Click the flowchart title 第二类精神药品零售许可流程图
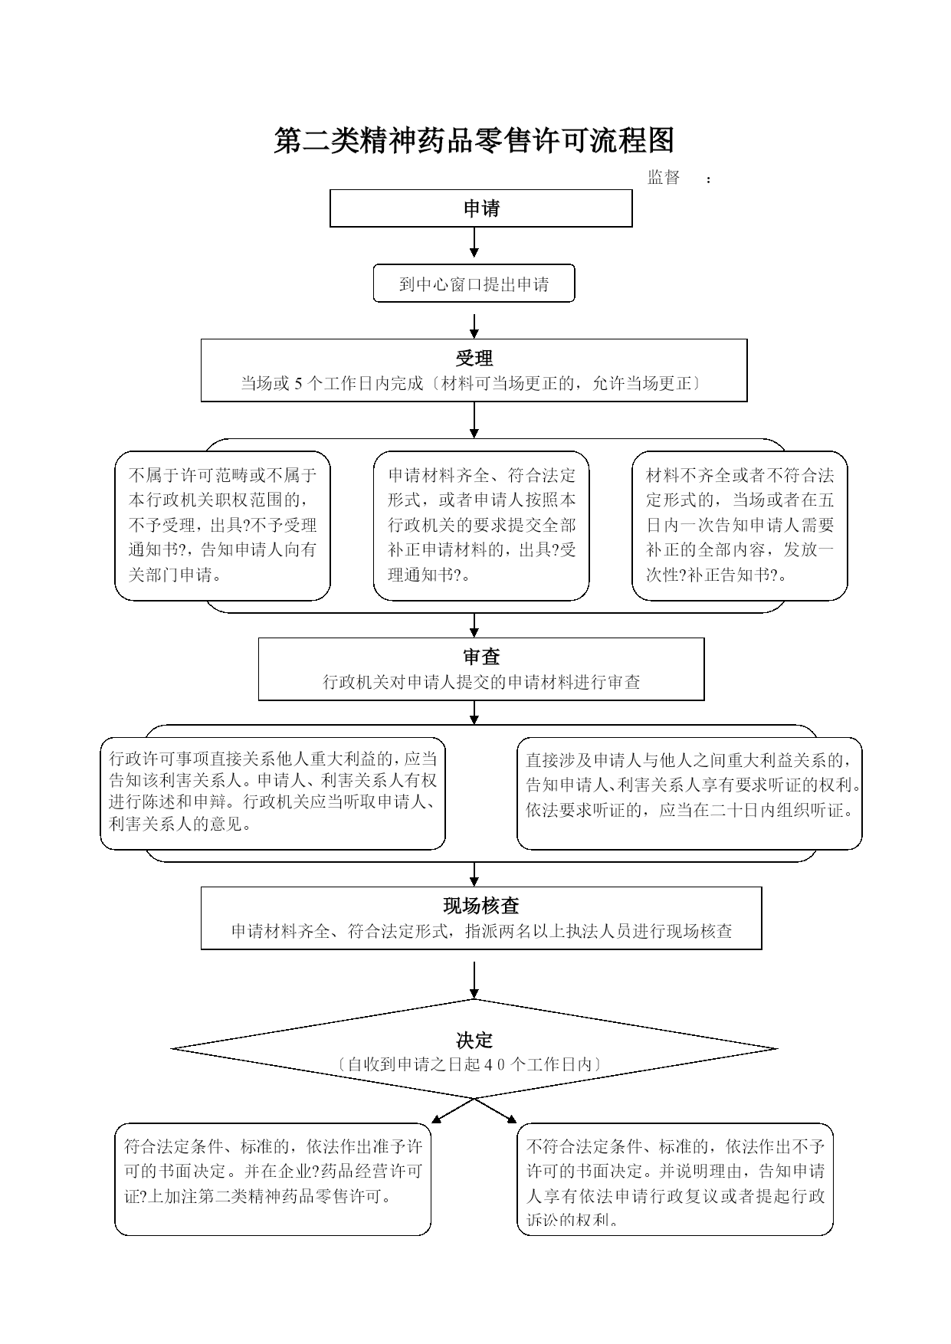click(474, 140)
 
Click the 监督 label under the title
click(664, 177)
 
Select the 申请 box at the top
click(481, 208)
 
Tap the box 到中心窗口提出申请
click(474, 284)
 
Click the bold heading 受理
click(474, 358)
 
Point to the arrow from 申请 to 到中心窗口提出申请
click(474, 242)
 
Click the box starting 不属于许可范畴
click(222, 526)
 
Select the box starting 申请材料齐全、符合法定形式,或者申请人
click(481, 526)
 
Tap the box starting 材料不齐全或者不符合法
click(739, 526)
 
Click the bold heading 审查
click(481, 657)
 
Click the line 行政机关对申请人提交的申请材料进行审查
click(481, 682)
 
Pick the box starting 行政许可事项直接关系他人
click(273, 793)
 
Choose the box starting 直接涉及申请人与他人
click(690, 793)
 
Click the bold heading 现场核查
click(481, 906)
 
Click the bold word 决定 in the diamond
click(474, 1040)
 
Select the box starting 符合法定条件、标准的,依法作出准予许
click(273, 1179)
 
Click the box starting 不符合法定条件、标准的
click(675, 1179)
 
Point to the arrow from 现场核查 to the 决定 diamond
click(474, 980)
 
